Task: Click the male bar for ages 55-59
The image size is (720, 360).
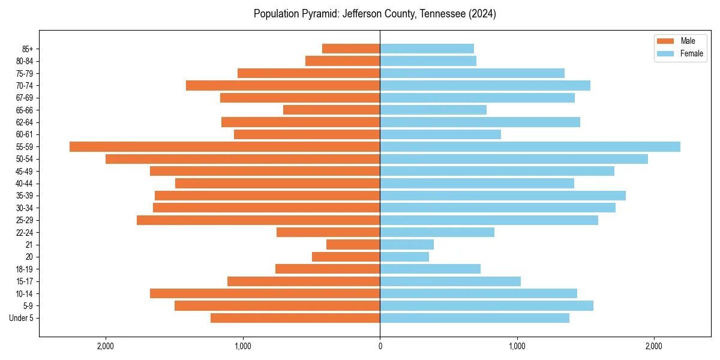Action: [x=225, y=147]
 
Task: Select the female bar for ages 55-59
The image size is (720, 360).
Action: [x=530, y=147]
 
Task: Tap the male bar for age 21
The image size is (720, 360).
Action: [x=353, y=245]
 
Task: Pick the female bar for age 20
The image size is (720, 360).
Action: [x=404, y=257]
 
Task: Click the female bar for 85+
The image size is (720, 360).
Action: [x=427, y=49]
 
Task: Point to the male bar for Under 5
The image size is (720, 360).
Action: [x=295, y=318]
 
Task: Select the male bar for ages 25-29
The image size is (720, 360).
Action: [x=258, y=220]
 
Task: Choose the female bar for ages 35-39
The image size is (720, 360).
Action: [x=503, y=196]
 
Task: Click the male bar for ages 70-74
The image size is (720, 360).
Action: [x=283, y=86]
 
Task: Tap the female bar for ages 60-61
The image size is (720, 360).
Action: [x=440, y=134]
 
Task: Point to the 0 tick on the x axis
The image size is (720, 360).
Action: [x=380, y=346]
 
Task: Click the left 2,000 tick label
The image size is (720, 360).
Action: [x=106, y=346]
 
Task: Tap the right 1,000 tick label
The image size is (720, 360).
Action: [x=517, y=346]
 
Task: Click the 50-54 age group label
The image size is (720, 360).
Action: [x=25, y=159]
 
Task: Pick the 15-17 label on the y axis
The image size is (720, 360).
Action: [x=25, y=281]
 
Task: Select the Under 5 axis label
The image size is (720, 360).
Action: [x=22, y=318]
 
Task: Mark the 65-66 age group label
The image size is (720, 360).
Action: [x=25, y=110]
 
